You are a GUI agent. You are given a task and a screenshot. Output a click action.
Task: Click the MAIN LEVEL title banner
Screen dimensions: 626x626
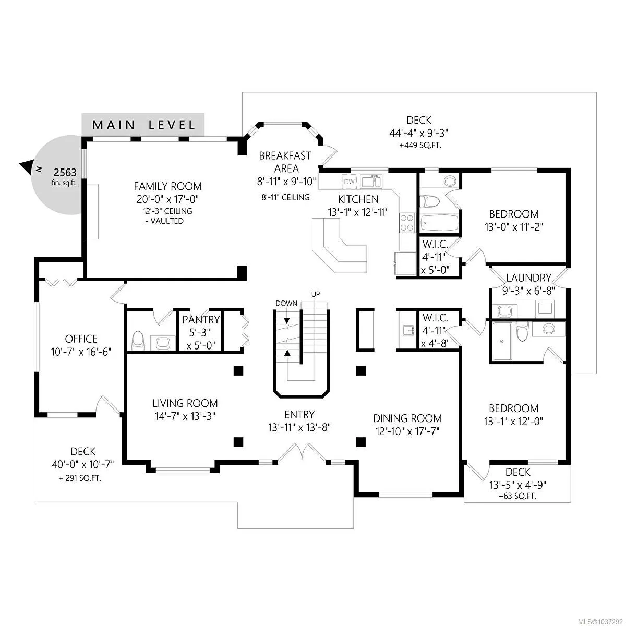143,125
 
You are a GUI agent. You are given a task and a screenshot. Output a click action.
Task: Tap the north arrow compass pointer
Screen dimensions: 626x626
27,166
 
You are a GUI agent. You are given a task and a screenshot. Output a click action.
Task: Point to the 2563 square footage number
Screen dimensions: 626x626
65,173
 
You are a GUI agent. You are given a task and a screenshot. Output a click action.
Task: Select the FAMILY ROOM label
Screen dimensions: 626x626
167,186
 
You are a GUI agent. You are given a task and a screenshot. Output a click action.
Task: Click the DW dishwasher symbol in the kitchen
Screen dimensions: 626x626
349,182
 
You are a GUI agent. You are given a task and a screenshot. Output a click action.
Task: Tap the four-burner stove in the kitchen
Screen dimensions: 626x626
407,223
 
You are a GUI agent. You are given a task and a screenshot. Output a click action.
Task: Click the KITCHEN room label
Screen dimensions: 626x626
358,199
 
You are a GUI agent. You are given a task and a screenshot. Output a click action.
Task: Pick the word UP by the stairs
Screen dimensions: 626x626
316,294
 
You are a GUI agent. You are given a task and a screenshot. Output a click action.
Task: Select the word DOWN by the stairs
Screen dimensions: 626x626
286,304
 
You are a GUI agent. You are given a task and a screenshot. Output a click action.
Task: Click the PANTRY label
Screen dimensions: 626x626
201,320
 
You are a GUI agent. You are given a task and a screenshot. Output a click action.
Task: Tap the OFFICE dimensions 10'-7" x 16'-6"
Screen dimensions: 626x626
81,352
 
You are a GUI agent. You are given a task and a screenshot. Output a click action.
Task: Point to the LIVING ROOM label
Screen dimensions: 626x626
185,403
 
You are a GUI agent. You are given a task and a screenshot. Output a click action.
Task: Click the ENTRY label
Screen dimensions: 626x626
299,415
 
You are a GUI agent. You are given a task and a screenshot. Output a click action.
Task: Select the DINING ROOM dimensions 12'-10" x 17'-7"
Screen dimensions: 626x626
407,431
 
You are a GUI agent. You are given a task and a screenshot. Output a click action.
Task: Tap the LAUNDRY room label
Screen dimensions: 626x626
529,278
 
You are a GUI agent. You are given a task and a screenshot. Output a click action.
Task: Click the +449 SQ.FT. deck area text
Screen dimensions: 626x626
420,145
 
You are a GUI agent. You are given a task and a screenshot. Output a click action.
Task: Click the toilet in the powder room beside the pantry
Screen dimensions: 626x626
138,341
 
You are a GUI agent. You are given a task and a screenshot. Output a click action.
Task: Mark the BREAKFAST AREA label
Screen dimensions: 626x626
285,162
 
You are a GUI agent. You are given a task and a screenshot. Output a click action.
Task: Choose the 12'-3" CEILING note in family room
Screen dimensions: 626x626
167,211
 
